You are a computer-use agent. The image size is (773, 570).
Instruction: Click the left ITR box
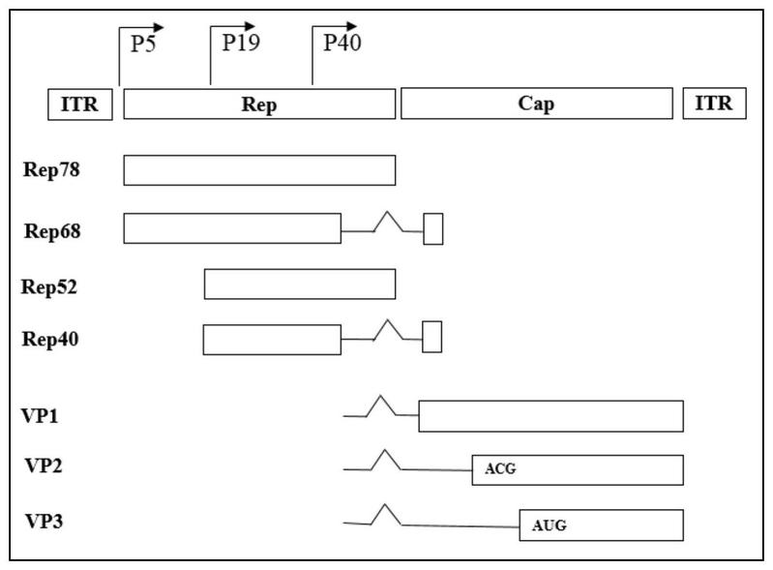tap(80, 105)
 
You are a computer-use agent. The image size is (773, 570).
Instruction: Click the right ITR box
tap(714, 103)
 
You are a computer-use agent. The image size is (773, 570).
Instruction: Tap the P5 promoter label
tap(143, 44)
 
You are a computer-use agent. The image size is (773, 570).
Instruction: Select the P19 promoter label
tap(241, 43)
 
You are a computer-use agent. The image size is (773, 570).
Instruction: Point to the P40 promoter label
tap(342, 43)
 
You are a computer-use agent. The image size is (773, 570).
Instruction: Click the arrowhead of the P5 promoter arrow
tap(159, 28)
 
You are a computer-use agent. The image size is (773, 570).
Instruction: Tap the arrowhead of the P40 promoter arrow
tap(351, 26)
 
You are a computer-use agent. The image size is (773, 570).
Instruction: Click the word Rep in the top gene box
tap(259, 105)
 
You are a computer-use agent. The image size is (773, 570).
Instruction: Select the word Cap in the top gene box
tap(536, 104)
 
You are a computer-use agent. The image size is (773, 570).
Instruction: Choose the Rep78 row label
tap(51, 169)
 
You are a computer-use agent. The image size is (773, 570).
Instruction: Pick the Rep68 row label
tap(52, 230)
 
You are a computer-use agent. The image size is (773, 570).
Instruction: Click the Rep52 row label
tap(49, 286)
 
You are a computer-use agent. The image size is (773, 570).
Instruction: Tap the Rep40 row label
tap(50, 339)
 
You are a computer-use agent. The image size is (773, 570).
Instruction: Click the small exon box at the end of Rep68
tap(433, 228)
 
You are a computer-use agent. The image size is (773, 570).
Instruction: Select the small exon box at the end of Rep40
tap(432, 337)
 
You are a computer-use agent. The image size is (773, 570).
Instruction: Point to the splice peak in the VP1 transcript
tap(380, 396)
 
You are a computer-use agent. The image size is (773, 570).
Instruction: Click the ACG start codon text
tap(500, 468)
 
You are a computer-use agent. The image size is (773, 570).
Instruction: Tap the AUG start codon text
tap(550, 525)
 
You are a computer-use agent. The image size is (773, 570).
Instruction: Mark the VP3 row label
tap(44, 522)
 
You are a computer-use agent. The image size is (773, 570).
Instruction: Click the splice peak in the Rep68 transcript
tap(388, 212)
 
